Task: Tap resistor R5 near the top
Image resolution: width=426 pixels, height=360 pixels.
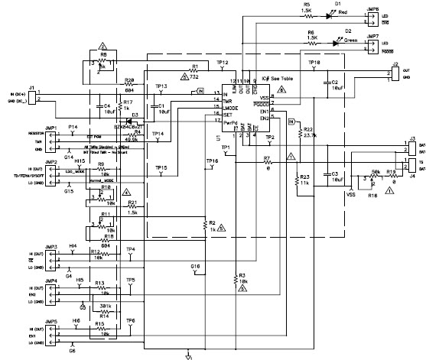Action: pos(307,15)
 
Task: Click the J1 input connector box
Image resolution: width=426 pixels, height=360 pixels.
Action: pos(31,97)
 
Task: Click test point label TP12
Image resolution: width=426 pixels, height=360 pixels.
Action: pos(222,61)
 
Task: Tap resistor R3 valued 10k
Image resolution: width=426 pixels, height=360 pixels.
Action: pos(236,280)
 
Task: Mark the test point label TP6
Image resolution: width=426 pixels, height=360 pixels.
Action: pos(131,320)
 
